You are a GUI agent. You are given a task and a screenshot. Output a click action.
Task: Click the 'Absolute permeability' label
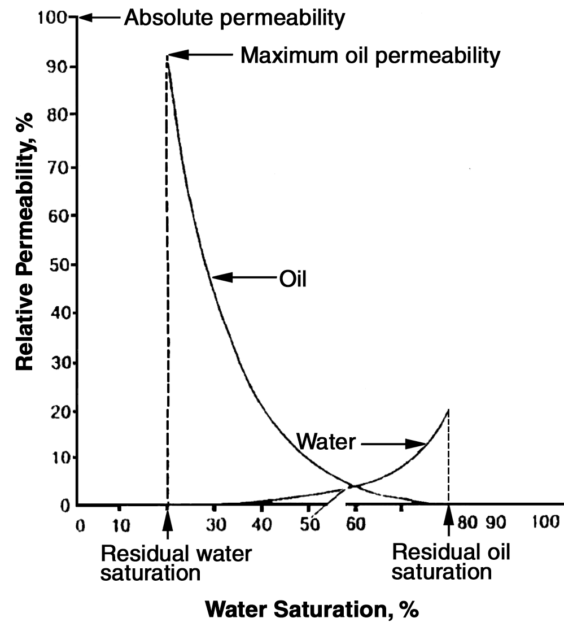234,18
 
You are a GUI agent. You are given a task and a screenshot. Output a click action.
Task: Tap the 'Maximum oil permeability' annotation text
370,55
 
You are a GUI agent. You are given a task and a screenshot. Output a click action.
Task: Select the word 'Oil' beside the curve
293,278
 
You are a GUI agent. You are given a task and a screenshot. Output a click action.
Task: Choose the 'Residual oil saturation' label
451,562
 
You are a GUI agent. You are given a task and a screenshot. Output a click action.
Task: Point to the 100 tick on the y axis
52,18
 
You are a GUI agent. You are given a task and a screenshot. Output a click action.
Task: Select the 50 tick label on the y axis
54,265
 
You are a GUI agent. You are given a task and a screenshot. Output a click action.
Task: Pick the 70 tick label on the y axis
54,168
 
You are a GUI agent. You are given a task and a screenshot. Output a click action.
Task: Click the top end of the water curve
448,409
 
